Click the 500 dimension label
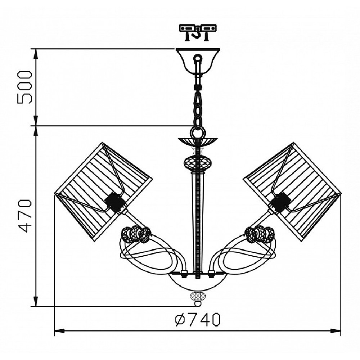pyautogui.click(x=24, y=87)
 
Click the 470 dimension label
pyautogui.click(x=24, y=216)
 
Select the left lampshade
pyautogui.click(x=103, y=192)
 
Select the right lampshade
pyautogui.click(x=292, y=192)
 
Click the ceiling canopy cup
pyautogui.click(x=198, y=60)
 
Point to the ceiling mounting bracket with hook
pyautogui.click(x=198, y=32)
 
